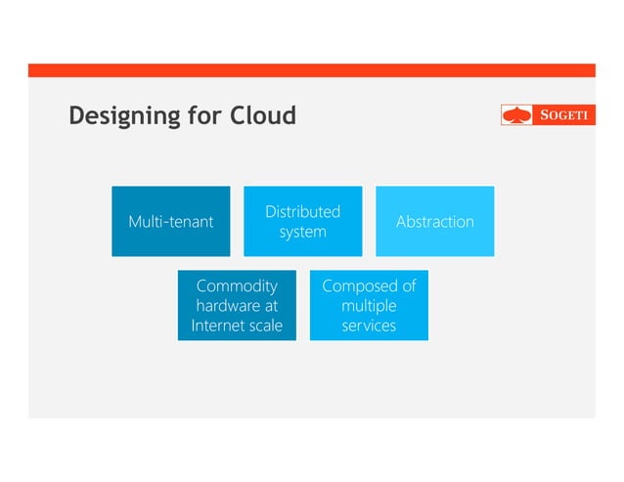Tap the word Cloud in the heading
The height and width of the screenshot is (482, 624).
262,116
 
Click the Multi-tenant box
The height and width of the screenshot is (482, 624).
171,222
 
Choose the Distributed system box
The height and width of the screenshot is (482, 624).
302,222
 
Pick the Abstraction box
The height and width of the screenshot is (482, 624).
434,222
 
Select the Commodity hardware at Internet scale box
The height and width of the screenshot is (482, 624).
237,305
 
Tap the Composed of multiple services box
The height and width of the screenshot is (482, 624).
369,305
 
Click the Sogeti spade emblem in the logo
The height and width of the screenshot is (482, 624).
516,115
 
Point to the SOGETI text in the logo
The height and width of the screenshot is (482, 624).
564,115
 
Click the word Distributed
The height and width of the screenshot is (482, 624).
302,212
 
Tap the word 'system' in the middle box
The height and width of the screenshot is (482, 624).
302,232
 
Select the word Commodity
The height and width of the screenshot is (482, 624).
237,286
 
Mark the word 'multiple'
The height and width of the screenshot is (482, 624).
369,306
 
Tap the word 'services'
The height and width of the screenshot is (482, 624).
369,326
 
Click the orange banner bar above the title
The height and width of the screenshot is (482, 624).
311,70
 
